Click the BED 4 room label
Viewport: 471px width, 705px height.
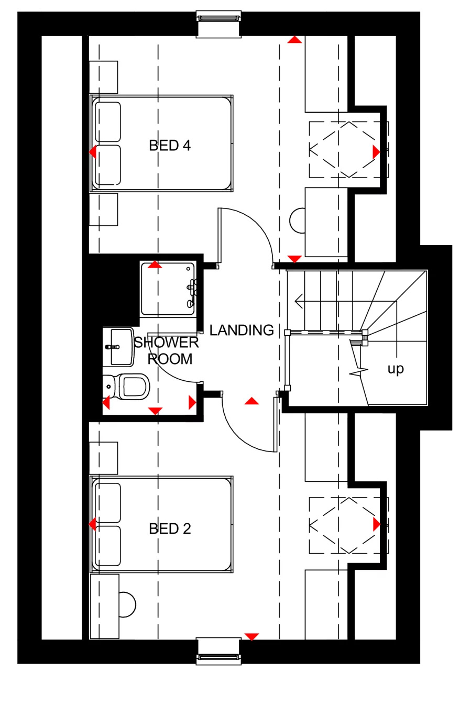[x=170, y=145]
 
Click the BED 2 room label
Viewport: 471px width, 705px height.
[x=170, y=528]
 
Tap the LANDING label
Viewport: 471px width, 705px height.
[x=242, y=330]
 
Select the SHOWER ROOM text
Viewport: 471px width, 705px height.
[x=167, y=350]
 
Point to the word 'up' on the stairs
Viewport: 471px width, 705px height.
[x=396, y=369]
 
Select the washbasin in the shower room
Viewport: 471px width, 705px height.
[x=119, y=346]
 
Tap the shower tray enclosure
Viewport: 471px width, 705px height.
[x=168, y=289]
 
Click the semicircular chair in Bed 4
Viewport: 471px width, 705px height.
[x=298, y=221]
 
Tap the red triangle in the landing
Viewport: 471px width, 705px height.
[x=252, y=401]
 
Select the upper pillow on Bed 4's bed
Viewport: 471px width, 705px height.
[x=107, y=122]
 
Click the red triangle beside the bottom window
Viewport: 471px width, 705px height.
[x=252, y=636]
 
